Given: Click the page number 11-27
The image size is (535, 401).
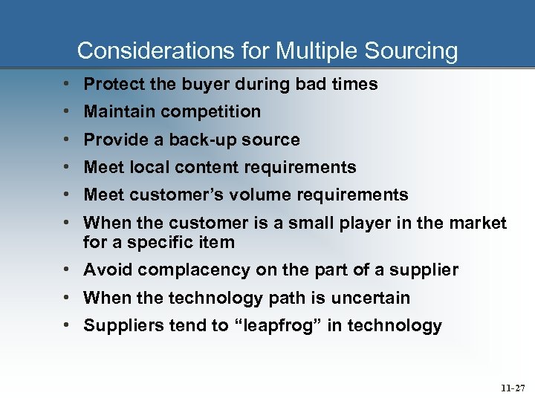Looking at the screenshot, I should click(x=512, y=388).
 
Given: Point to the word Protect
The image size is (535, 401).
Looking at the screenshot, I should click(x=114, y=85).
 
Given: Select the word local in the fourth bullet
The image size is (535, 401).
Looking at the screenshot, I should click(x=149, y=168).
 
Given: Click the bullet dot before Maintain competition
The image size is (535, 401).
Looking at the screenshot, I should click(x=67, y=112).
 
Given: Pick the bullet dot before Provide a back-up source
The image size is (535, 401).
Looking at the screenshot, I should click(x=67, y=140).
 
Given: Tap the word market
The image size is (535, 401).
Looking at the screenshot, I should click(x=479, y=223).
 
